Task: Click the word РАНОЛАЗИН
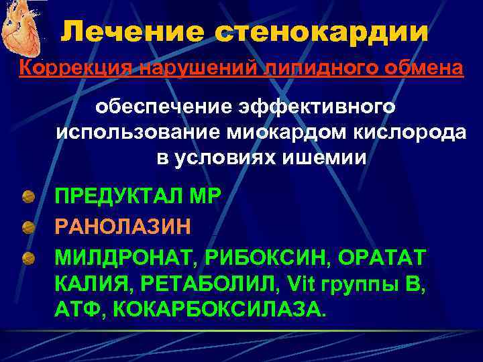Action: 123,225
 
